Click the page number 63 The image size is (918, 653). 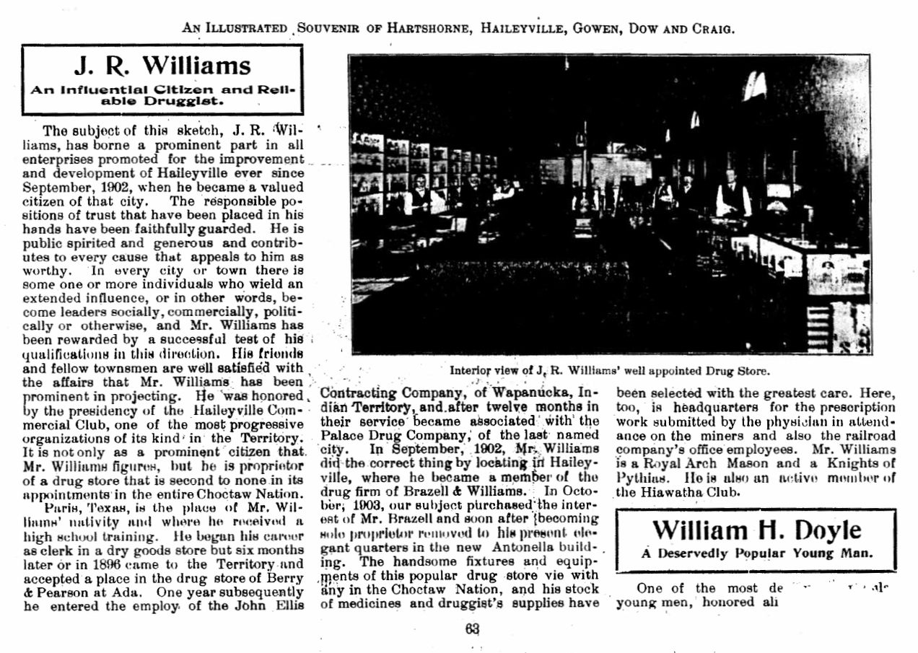tap(473, 628)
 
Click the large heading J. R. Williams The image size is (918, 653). tap(162, 66)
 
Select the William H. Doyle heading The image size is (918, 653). tap(756, 530)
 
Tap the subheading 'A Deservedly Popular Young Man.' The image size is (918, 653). tap(756, 554)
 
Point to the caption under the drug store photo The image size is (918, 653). tap(610, 371)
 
